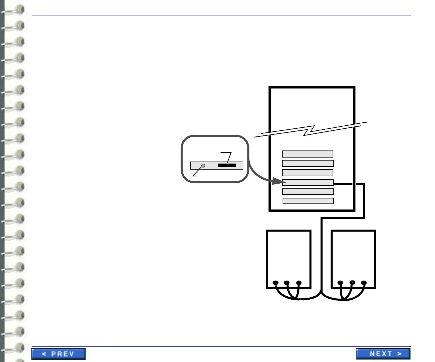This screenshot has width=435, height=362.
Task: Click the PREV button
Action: click(x=58, y=354)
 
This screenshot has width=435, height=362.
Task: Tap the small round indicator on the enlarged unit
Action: click(x=203, y=166)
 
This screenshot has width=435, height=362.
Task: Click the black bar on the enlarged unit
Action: click(x=227, y=166)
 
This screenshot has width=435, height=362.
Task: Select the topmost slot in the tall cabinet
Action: click(x=307, y=154)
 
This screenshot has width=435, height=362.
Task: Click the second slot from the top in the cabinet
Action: click(x=308, y=163)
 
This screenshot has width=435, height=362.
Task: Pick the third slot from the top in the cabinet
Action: click(x=307, y=173)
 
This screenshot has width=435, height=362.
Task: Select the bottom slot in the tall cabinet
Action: click(x=308, y=201)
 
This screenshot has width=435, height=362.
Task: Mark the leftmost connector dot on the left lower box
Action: click(x=276, y=283)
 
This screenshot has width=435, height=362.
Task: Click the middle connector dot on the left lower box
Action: click(x=286, y=283)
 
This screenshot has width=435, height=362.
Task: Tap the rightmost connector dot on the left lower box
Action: click(x=299, y=283)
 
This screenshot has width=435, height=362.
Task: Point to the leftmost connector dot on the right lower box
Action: click(x=340, y=283)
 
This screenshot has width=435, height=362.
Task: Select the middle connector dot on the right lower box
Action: click(x=352, y=283)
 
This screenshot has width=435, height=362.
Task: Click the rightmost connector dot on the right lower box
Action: click(x=364, y=283)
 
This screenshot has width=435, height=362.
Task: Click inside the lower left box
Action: click(x=288, y=255)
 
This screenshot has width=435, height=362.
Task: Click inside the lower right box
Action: click(x=353, y=255)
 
